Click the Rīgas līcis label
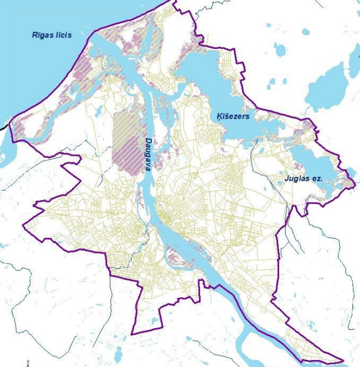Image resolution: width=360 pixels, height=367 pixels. pos(52,35)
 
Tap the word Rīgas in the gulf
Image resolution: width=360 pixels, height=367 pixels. pos(41,35)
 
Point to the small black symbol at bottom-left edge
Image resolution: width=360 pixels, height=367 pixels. pos(27,363)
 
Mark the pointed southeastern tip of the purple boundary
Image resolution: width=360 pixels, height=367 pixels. pos(343,361)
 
